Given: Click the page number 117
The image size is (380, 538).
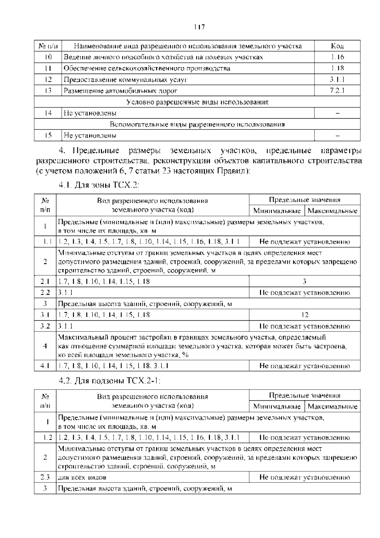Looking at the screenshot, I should (x=199, y=27).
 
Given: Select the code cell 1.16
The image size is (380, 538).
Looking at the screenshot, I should (x=337, y=57).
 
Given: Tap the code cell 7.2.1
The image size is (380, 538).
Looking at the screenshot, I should (x=337, y=91).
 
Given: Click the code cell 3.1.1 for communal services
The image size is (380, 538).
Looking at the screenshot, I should (x=337, y=80).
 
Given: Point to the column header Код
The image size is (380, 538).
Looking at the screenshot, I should (x=337, y=46).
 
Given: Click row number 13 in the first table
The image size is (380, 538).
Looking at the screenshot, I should (x=48, y=91).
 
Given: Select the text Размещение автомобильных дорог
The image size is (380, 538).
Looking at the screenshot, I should (x=121, y=91).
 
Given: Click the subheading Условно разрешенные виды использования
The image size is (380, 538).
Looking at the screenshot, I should (x=197, y=102).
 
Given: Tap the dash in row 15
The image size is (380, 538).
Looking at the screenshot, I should (x=337, y=135).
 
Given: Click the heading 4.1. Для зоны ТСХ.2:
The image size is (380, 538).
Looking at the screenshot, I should (x=99, y=185).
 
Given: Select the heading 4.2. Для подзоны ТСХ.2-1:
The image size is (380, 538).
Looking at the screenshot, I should (x=110, y=381).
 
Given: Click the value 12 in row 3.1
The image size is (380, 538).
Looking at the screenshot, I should (x=305, y=315).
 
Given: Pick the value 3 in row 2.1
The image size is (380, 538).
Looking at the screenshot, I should (x=305, y=281).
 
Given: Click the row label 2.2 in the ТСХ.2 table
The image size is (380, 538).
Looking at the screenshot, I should (x=45, y=292).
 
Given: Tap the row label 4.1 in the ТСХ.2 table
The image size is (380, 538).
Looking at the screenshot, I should (x=45, y=366).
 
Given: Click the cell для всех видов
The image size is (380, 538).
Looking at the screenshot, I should (x=82, y=477).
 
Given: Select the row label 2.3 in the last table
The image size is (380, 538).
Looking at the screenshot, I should (x=45, y=477).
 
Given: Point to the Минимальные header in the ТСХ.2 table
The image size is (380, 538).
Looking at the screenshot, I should (x=277, y=211).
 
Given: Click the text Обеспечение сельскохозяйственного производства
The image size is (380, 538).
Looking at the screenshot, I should (x=147, y=69).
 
